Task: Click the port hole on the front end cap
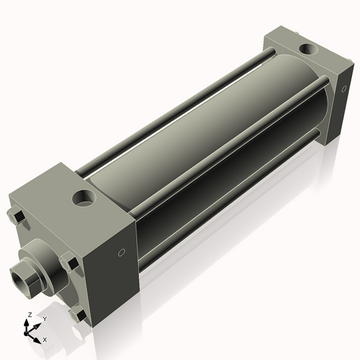click(84, 196)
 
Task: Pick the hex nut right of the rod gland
click(69, 261)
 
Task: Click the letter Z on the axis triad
click(27, 315)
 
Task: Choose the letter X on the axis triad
click(45, 338)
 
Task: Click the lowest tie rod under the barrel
click(230, 216)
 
